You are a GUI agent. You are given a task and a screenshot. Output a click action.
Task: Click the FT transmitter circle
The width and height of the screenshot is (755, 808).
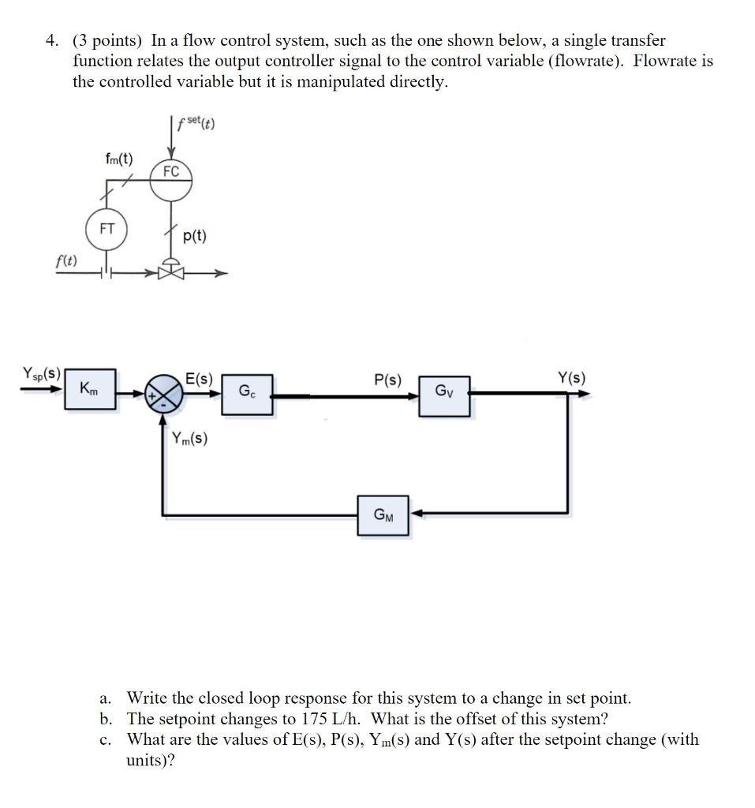pyautogui.click(x=107, y=229)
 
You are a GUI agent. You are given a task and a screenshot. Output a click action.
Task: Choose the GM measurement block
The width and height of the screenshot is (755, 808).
pyautogui.click(x=383, y=515)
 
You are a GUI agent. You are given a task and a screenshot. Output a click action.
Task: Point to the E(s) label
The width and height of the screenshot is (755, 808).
pyautogui.click(x=199, y=378)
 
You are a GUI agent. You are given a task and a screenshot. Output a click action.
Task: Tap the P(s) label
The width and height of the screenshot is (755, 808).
pyautogui.click(x=387, y=380)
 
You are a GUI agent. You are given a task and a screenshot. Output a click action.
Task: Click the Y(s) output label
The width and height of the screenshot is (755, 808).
pyautogui.click(x=572, y=377)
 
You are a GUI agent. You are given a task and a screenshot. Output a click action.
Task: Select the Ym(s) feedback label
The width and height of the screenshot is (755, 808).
pyautogui.click(x=189, y=438)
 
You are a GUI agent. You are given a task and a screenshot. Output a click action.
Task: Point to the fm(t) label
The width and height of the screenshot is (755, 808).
pyautogui.click(x=119, y=159)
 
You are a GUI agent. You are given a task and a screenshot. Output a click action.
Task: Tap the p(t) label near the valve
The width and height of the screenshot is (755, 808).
pyautogui.click(x=194, y=236)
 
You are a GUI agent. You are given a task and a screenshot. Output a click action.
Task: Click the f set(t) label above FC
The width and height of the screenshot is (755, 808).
pyautogui.click(x=196, y=124)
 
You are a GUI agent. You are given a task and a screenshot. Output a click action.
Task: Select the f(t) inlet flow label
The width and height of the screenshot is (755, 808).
pyautogui.click(x=66, y=261)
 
